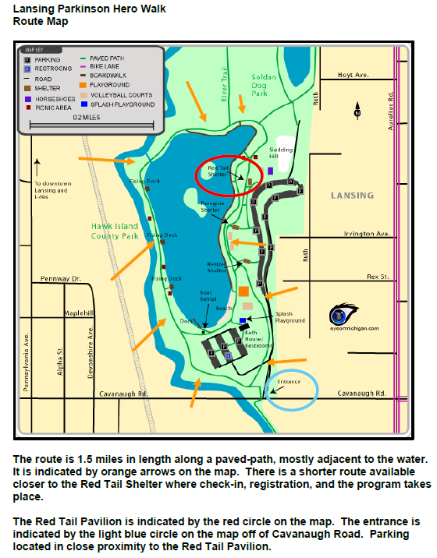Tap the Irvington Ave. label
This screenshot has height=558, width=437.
371,233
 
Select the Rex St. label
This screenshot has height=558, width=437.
377,276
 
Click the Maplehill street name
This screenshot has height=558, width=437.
78,313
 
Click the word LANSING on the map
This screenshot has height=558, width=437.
352,196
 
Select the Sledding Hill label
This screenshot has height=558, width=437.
281,151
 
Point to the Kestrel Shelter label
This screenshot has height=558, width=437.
216,267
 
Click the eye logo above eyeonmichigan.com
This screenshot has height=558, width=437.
339,316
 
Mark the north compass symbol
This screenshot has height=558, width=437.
357,111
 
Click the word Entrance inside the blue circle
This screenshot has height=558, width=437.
289,382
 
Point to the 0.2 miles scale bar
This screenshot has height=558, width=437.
86,117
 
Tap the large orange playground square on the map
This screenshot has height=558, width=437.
243,291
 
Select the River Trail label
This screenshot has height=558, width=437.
223,86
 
